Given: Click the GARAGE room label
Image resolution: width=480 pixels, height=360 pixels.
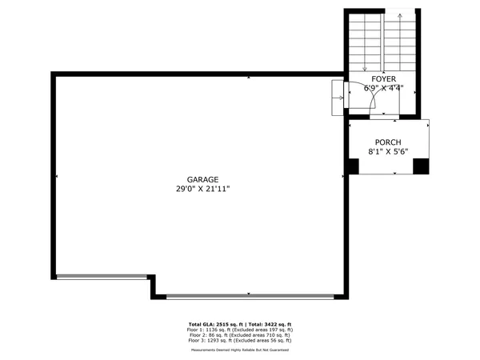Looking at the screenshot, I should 202,180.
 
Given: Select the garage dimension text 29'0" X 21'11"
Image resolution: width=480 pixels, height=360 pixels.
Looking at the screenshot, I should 202,190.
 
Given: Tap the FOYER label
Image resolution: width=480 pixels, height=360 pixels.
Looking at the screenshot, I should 384,78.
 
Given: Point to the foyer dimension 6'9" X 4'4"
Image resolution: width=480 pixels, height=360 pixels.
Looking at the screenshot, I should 384,88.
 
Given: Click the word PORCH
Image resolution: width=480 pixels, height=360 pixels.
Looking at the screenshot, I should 387,141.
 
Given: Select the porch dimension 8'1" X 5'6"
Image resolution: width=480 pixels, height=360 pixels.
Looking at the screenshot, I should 387,150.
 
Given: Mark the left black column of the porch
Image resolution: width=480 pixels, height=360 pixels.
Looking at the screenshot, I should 353,166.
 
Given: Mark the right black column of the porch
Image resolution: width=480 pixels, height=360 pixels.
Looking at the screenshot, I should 420,166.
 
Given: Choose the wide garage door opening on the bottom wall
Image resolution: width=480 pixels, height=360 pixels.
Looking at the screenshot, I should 250,296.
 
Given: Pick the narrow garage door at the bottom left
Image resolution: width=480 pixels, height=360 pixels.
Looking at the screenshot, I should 102,276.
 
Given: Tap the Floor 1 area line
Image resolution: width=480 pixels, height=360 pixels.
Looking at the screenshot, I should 240,329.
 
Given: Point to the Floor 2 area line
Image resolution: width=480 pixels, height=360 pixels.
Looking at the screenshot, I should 240,335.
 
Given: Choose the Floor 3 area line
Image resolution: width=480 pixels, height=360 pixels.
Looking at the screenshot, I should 240,342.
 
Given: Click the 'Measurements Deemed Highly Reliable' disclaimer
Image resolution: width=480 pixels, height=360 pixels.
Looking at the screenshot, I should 240,350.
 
